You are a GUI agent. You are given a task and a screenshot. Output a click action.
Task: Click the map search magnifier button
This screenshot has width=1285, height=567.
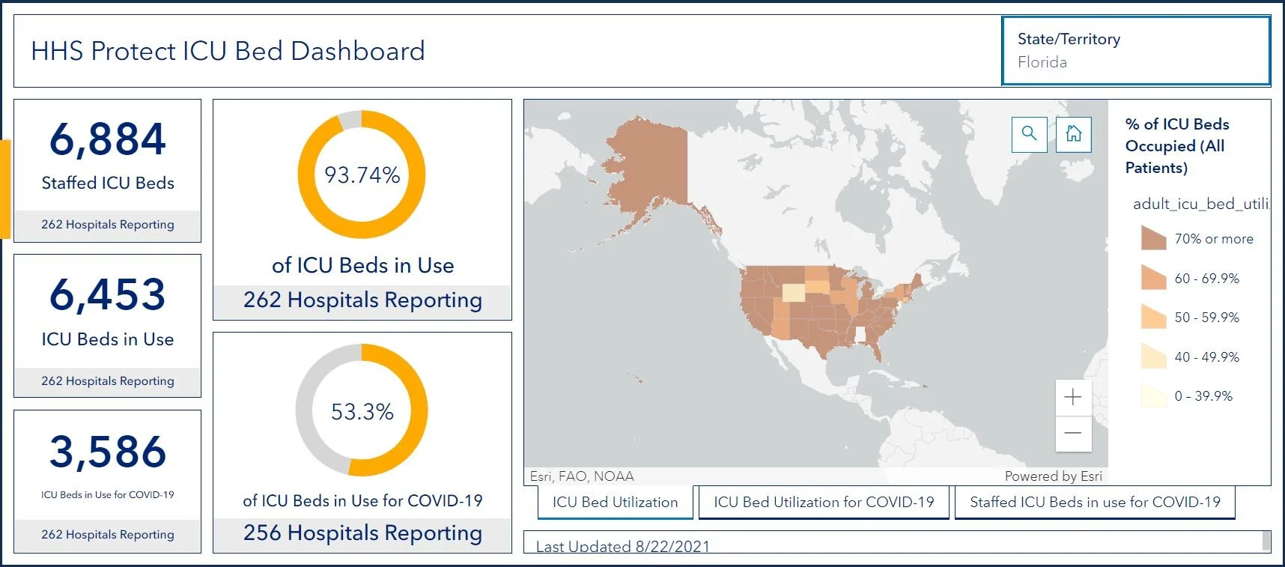pos(1029,134)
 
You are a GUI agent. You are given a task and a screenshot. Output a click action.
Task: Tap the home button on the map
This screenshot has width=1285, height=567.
pos(1073,134)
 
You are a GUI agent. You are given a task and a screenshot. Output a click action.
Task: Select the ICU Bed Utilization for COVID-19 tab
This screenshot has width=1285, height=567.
pos(824,502)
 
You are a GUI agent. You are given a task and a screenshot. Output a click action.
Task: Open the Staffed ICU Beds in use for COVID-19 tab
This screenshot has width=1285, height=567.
pos(1095,502)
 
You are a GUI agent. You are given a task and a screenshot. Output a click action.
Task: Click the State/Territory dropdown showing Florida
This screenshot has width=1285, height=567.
pos(1136,51)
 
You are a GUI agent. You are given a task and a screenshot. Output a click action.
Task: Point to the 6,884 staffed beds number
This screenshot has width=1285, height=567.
pos(108,139)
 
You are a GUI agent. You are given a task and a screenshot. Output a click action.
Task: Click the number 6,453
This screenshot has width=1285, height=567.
pos(108,294)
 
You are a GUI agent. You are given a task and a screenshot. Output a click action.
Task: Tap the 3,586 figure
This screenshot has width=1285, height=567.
pos(108,452)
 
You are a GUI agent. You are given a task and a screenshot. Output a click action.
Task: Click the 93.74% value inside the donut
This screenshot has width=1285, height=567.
pos(362,175)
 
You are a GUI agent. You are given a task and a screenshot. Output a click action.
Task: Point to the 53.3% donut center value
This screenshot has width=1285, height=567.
pos(362,411)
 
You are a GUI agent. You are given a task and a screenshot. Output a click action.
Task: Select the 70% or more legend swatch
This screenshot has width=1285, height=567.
pos(1153,238)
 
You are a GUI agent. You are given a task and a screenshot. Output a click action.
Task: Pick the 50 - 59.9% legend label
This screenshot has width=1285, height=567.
pos(1207,317)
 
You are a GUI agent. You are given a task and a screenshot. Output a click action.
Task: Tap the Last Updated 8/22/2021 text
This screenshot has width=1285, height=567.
pos(623,546)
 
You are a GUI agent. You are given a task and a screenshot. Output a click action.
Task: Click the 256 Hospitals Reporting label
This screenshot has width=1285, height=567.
pos(362,533)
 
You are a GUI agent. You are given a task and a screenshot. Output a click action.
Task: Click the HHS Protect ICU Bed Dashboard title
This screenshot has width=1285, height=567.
pos(228,51)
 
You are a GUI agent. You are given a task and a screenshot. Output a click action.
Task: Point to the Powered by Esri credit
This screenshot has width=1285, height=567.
pos(1054,476)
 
